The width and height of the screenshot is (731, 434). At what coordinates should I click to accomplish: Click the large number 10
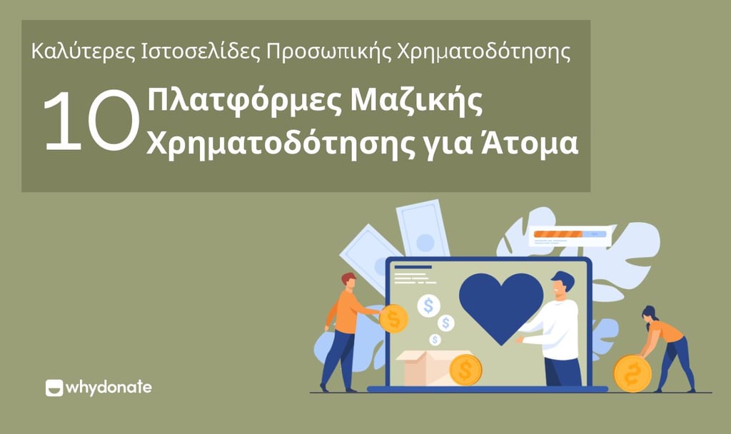90,122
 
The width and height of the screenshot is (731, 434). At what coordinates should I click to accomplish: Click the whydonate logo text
109,388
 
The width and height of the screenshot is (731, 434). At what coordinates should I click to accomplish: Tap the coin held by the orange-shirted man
393,318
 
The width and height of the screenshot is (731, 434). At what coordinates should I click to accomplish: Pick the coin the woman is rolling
632,373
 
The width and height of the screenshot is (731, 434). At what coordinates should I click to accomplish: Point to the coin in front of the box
465,370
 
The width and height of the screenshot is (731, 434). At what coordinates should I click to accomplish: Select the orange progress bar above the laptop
560,233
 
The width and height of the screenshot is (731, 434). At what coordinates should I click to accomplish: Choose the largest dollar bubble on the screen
429,306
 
